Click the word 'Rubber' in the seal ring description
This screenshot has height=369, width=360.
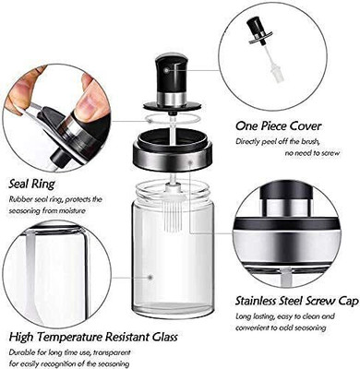click(21, 199)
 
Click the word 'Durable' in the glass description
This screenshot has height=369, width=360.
click(22, 353)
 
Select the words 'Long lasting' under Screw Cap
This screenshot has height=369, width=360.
click(254, 315)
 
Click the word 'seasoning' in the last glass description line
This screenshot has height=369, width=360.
click(115, 363)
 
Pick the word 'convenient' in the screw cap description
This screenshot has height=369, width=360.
click(252, 327)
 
